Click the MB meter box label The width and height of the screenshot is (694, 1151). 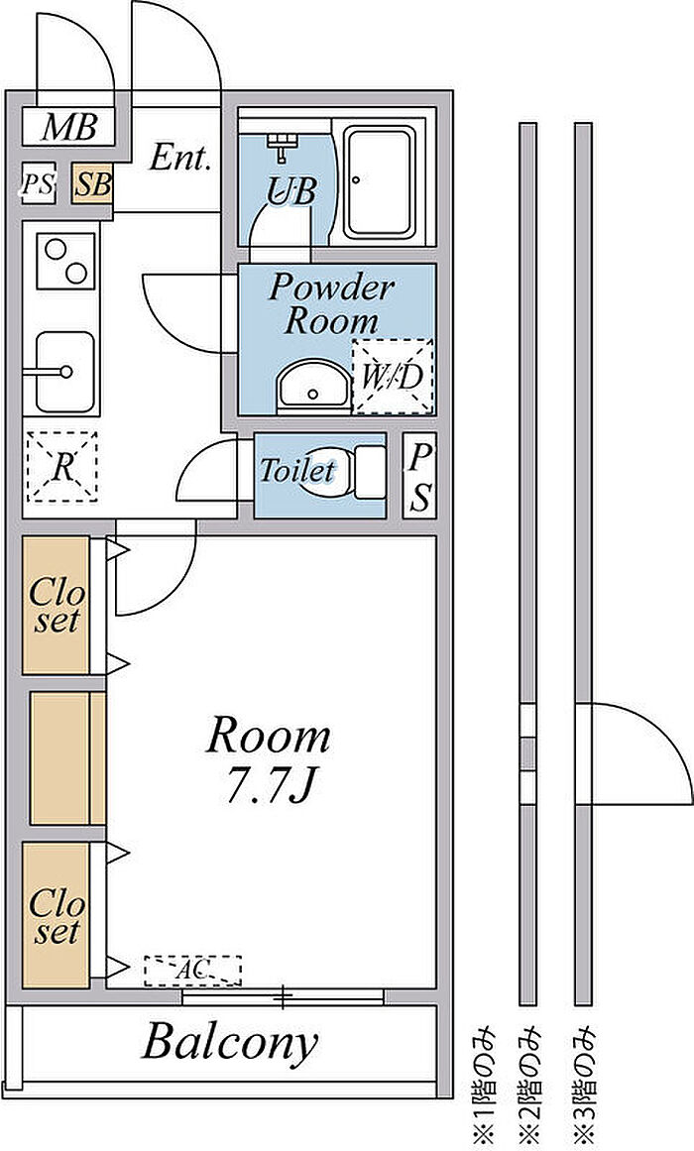(x=69, y=128)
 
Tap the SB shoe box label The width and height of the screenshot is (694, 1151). (x=93, y=184)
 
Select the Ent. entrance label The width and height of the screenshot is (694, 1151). (x=180, y=159)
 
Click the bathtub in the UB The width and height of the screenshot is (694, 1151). (x=381, y=183)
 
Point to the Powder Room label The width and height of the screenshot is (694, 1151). (x=331, y=304)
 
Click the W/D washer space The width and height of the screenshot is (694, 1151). (x=393, y=377)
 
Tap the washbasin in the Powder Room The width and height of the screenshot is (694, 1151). (x=313, y=386)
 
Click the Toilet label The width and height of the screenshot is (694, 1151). (x=296, y=469)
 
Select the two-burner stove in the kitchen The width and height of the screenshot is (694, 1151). (x=66, y=259)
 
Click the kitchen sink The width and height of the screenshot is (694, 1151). (x=64, y=372)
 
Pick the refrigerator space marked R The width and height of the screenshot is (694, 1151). (x=61, y=467)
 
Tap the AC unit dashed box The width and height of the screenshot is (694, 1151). (x=192, y=970)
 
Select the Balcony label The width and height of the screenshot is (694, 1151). (x=229, y=1041)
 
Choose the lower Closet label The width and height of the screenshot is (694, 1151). (x=56, y=916)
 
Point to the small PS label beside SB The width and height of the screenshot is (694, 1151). (x=39, y=184)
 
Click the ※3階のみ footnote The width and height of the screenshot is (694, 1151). (x=584, y=1086)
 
